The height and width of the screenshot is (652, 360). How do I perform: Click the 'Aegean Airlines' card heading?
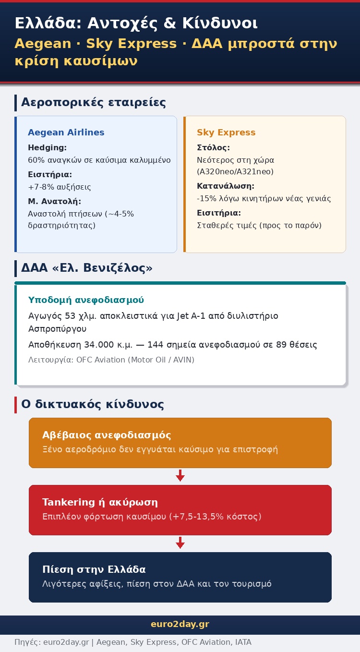click(66, 133)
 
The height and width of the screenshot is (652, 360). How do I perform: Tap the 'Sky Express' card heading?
click(226, 133)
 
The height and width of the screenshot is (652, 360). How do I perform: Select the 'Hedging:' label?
click(47, 148)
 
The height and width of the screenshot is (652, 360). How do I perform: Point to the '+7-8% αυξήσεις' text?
click(60, 187)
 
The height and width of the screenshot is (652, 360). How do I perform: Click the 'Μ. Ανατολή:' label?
click(54, 202)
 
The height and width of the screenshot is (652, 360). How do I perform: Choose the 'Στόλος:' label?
click(213, 148)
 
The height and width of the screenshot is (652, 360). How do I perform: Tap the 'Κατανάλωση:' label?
click(226, 186)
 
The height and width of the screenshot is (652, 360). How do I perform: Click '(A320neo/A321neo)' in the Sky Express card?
click(235, 171)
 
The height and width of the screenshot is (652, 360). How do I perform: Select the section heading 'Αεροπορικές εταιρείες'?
click(94, 102)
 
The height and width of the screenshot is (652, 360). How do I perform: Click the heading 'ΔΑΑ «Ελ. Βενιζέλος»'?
click(87, 267)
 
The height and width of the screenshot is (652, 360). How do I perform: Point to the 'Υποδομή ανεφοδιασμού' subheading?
click(86, 300)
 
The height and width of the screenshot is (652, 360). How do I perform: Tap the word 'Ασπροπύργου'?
click(57, 329)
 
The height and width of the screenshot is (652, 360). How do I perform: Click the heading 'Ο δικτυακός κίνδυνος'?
click(93, 404)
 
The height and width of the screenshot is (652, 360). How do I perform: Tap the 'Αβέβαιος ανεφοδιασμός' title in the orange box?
click(107, 435)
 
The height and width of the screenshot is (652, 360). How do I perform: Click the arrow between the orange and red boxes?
click(180, 476)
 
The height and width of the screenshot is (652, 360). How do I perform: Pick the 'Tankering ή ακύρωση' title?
click(100, 502)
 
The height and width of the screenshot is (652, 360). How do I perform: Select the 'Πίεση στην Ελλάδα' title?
click(94, 569)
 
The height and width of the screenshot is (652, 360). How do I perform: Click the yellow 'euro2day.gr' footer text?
click(180, 624)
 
